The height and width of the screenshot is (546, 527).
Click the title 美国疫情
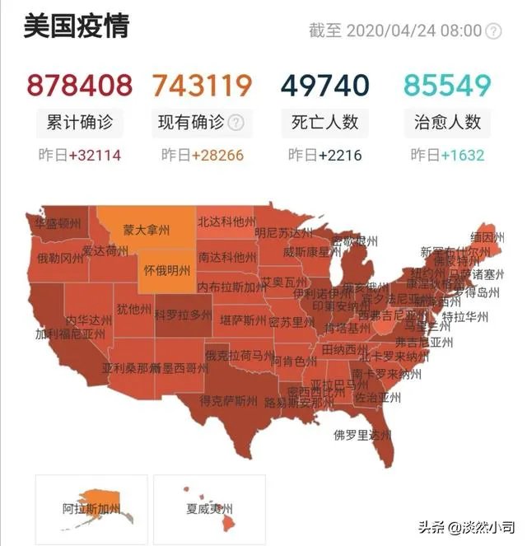pyautogui.click(x=76, y=27)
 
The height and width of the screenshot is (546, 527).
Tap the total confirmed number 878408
pyautogui.click(x=80, y=85)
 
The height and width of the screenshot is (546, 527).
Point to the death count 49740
pyautogui.click(x=324, y=85)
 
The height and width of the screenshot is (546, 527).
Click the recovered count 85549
pyautogui.click(x=447, y=85)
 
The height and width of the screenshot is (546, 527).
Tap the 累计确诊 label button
pyautogui.click(x=80, y=123)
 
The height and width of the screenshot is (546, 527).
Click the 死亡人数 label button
pyautogui.click(x=324, y=123)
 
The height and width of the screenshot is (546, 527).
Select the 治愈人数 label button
pyautogui.click(x=447, y=123)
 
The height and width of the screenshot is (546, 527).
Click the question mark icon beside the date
pyautogui.click(x=493, y=31)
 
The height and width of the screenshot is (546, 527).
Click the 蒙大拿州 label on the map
pyautogui.click(x=146, y=230)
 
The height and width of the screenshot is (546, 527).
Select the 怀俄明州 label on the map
pyautogui.click(x=167, y=270)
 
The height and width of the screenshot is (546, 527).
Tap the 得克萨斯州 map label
pyautogui.click(x=228, y=401)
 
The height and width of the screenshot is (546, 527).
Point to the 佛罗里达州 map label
pyautogui.click(x=361, y=434)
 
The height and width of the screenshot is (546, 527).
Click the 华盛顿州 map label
pyautogui.click(x=58, y=223)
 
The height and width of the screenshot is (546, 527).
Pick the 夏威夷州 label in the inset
pyautogui.click(x=206, y=509)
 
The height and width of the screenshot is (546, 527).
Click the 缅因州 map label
pyautogui.click(x=487, y=237)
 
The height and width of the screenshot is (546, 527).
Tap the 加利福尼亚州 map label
pyautogui.click(x=70, y=334)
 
